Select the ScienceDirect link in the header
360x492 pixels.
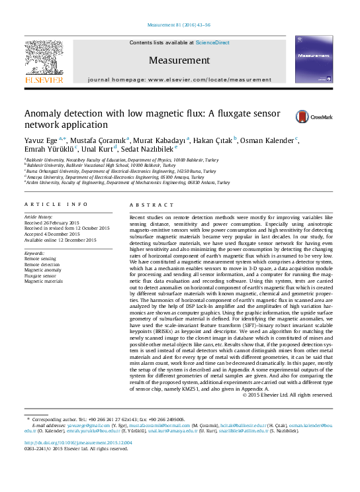(212, 42)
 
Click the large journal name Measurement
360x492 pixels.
(179, 60)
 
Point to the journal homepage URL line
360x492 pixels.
(179, 79)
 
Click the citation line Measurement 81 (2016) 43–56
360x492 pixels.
(179, 25)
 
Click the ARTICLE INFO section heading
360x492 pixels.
(56, 205)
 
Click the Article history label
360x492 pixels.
(40, 217)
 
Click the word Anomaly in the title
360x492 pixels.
(46, 113)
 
